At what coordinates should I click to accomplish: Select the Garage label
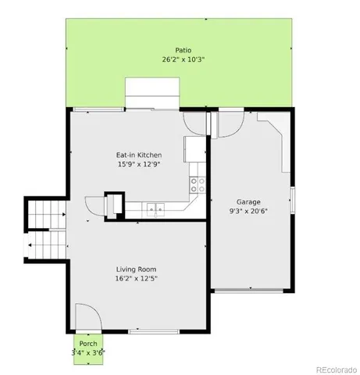click(x=250, y=201)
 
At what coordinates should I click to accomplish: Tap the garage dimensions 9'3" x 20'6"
click(x=250, y=211)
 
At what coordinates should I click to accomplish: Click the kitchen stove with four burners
click(x=198, y=184)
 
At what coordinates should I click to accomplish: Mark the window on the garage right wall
click(x=292, y=200)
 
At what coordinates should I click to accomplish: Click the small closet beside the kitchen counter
click(x=112, y=202)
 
